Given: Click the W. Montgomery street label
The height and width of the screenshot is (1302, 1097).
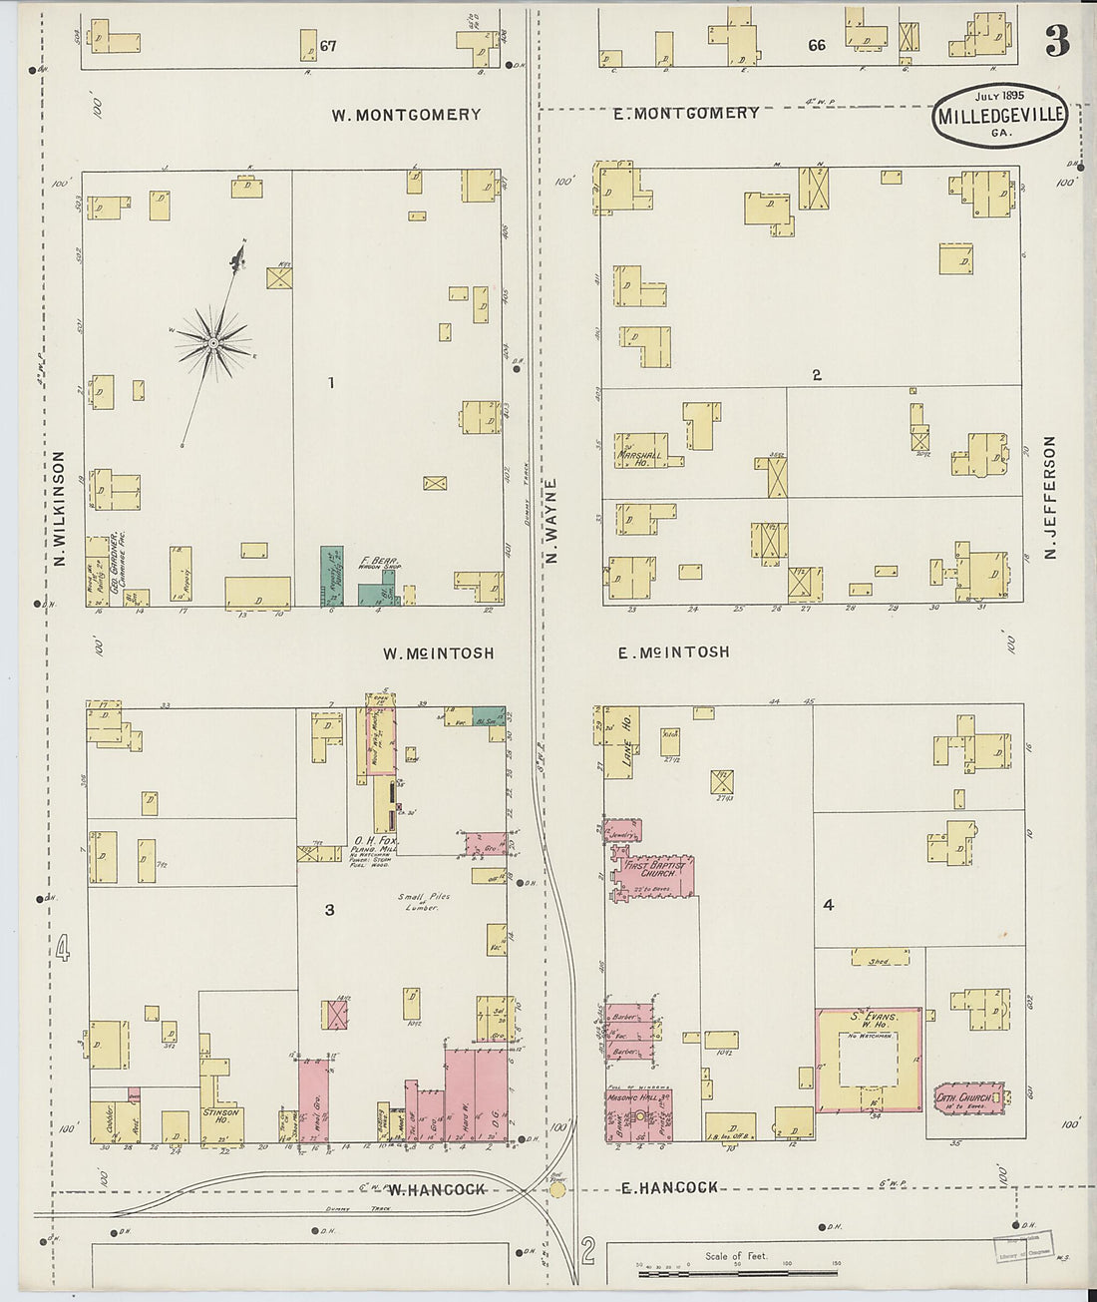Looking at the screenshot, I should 406,115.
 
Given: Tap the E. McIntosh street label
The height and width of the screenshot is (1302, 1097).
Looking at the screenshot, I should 673,652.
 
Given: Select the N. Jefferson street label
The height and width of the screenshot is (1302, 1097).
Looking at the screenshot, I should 1049,497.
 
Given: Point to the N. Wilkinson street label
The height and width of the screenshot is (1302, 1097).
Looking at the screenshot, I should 58,509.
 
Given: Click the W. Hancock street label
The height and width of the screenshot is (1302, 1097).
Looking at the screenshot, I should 436,1189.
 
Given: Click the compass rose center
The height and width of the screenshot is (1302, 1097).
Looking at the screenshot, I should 212,343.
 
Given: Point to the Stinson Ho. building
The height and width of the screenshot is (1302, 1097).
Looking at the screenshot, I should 221,1116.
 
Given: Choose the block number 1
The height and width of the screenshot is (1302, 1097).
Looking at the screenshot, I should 330,383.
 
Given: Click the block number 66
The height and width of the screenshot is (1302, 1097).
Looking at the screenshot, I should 817,45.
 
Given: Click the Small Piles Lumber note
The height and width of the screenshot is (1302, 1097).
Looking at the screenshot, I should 424,902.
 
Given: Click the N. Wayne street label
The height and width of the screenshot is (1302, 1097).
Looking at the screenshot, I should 551,521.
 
